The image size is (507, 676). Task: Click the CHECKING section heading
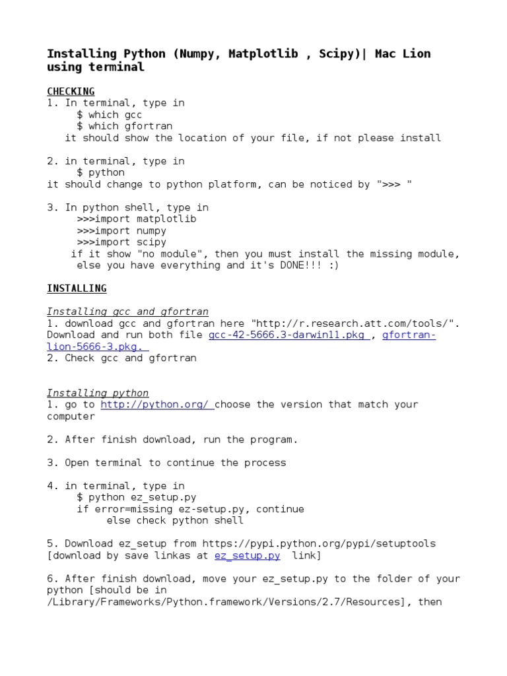click(71, 91)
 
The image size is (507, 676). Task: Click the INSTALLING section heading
click(77, 288)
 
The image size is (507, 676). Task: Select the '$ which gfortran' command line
click(124, 126)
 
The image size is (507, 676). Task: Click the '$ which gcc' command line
click(109, 115)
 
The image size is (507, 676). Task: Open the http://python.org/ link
click(156, 405)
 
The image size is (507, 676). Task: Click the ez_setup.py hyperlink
click(247, 556)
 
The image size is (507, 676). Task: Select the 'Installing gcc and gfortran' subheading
click(127, 312)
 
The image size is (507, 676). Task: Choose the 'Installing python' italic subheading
click(98, 393)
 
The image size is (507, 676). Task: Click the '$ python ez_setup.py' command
click(137, 497)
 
